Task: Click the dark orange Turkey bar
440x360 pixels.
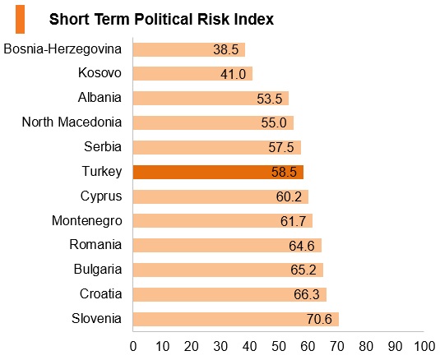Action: click(218, 172)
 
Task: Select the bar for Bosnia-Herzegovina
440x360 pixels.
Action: click(189, 49)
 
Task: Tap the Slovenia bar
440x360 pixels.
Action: click(236, 320)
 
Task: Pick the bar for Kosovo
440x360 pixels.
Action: click(192, 73)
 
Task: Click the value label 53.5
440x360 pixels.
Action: click(270, 99)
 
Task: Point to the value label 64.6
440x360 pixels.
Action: click(302, 246)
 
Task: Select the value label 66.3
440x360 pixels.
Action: click(307, 295)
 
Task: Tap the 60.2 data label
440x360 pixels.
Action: click(289, 196)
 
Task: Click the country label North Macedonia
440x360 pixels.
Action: click(72, 122)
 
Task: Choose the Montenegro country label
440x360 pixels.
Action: click(87, 221)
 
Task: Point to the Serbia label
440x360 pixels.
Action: click(103, 146)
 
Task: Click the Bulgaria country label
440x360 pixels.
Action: click(98, 270)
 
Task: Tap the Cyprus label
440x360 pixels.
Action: click(101, 196)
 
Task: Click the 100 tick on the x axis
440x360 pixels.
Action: click(424, 347)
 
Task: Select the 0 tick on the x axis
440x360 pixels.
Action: click(133, 347)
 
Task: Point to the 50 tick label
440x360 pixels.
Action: click(279, 347)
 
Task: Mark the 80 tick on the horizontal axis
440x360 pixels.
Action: click(366, 347)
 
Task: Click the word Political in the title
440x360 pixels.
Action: click(164, 20)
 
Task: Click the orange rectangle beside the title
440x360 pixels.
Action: click(21, 20)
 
